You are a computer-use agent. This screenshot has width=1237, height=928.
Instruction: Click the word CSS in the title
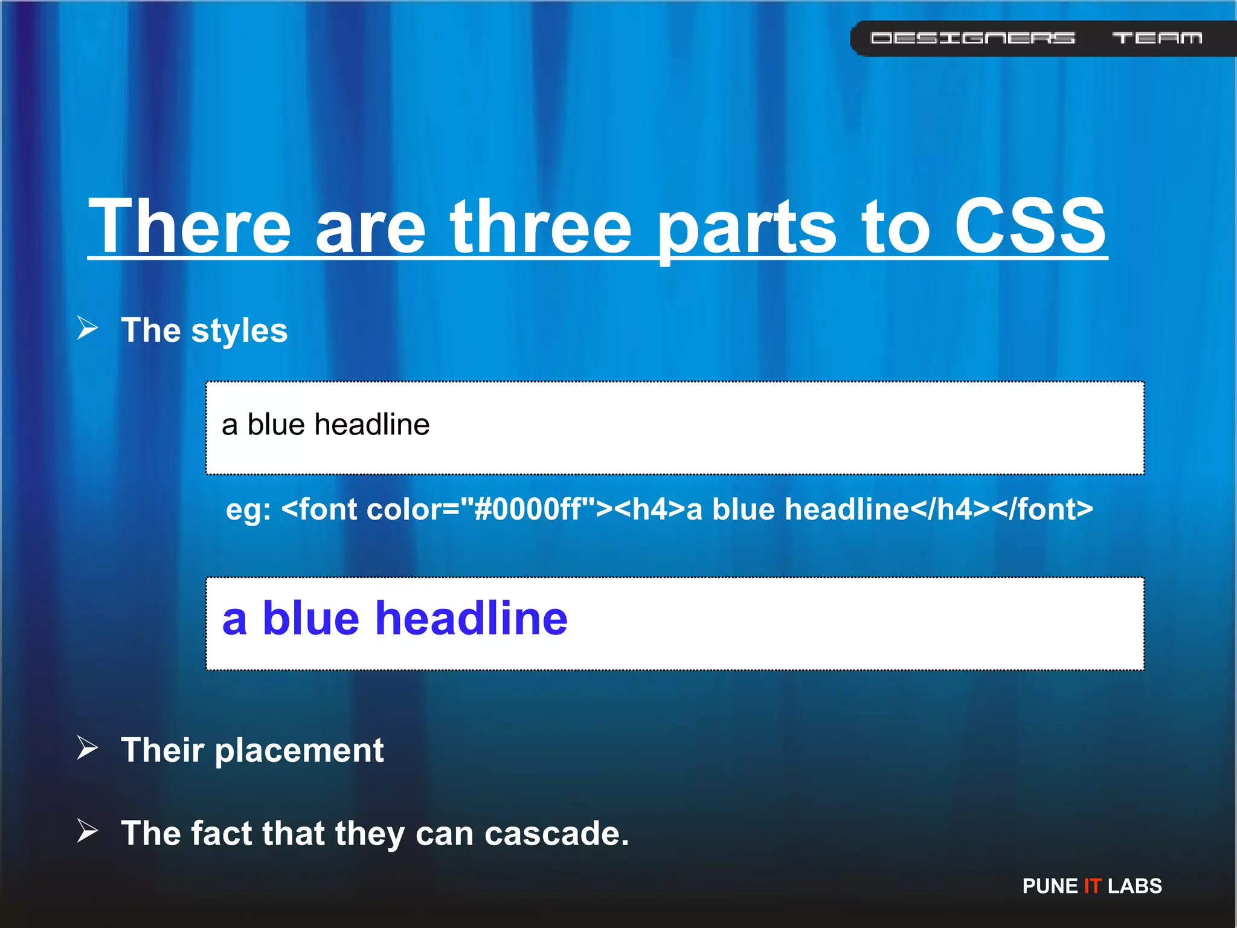coord(1030,226)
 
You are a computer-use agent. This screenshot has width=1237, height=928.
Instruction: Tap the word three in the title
coord(541,226)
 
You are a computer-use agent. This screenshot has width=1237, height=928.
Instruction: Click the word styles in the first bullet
coord(239,331)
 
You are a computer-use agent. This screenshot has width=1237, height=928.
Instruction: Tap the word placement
coord(299,751)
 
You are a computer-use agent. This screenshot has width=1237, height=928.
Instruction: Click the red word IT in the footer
coord(1092,886)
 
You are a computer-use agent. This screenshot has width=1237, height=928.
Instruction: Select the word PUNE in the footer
coord(1050,886)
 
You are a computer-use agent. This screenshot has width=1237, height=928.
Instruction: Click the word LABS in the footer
coord(1135,886)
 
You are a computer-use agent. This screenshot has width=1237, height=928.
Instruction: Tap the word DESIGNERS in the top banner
coord(972,38)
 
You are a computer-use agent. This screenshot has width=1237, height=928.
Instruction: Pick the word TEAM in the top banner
coord(1157,38)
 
